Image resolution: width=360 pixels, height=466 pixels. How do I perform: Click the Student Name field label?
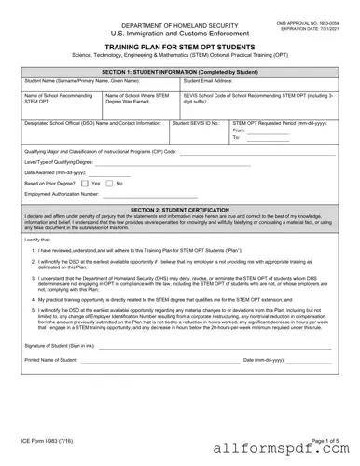tap(75, 81)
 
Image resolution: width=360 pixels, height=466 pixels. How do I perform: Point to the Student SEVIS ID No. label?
tap(196, 122)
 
